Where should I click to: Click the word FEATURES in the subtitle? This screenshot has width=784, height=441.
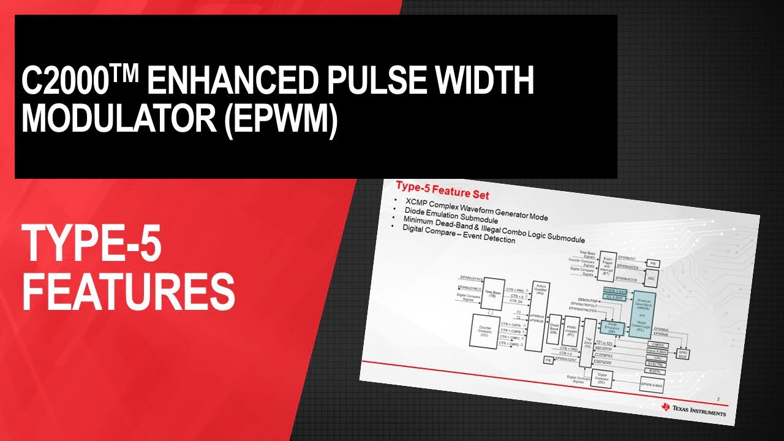[x=129, y=292]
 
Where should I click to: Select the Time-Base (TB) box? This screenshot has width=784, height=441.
[x=491, y=294]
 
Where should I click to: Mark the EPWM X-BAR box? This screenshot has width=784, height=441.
[x=652, y=385]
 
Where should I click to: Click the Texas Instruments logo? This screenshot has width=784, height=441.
[x=695, y=409]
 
